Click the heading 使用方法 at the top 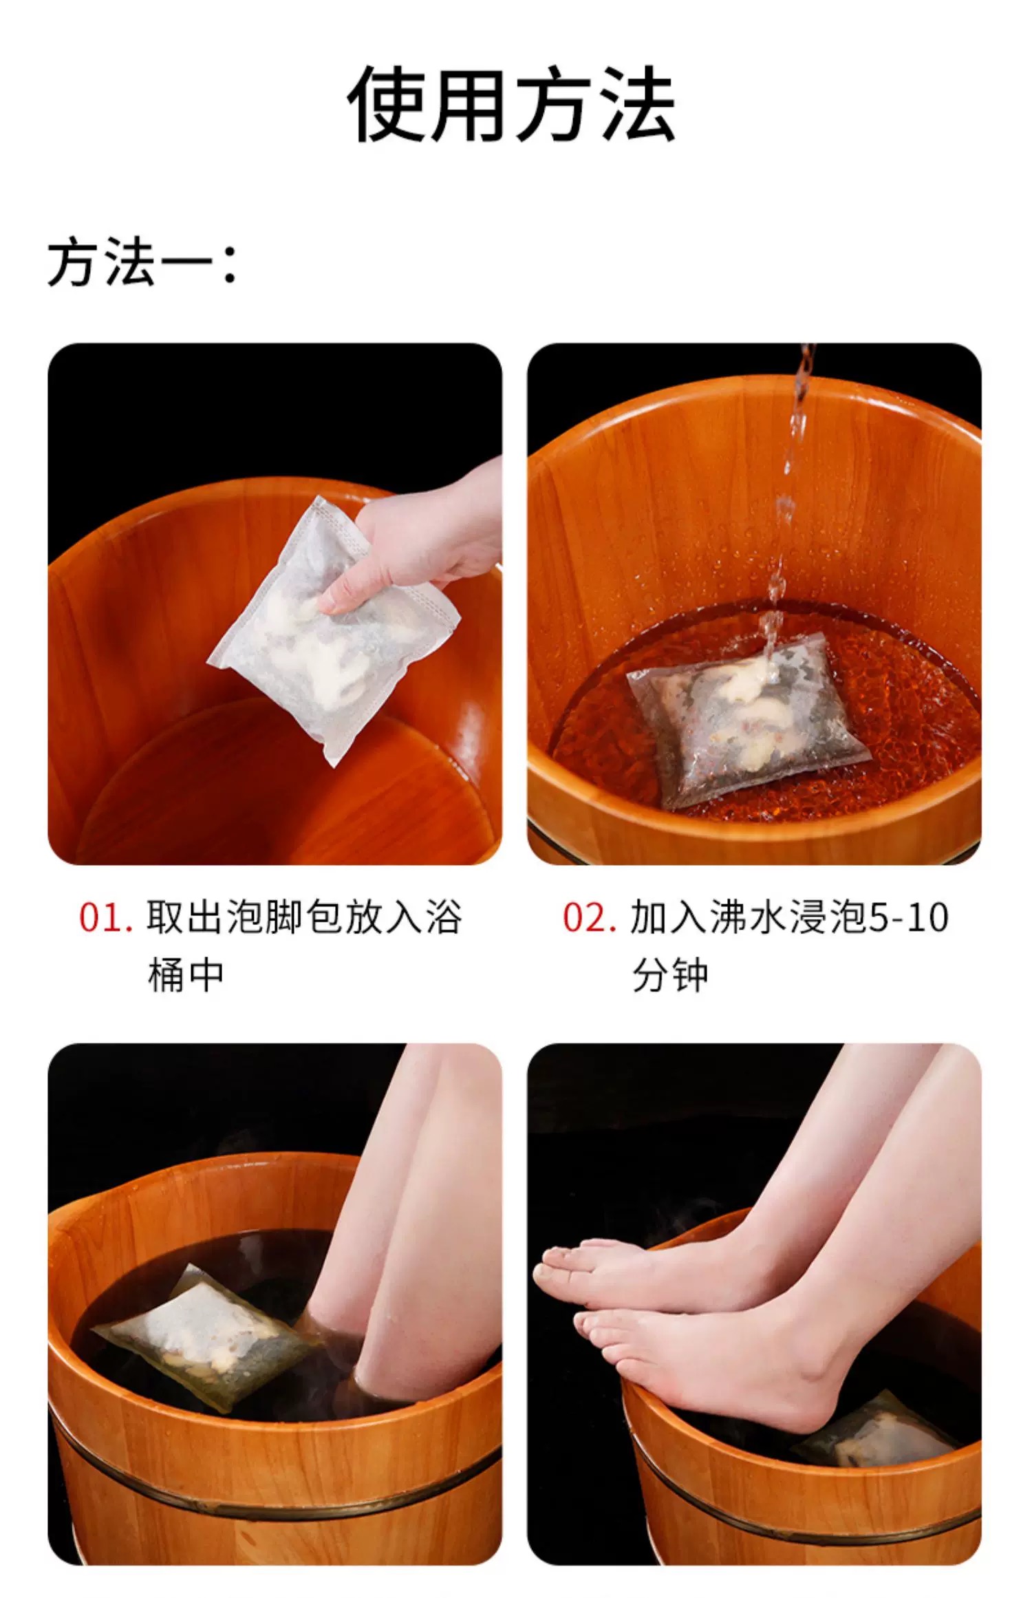coord(512,105)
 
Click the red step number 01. coord(105,917)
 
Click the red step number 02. coord(589,917)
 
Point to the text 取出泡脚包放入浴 coord(304,917)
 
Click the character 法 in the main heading coord(637,105)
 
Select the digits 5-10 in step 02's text coord(908,917)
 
